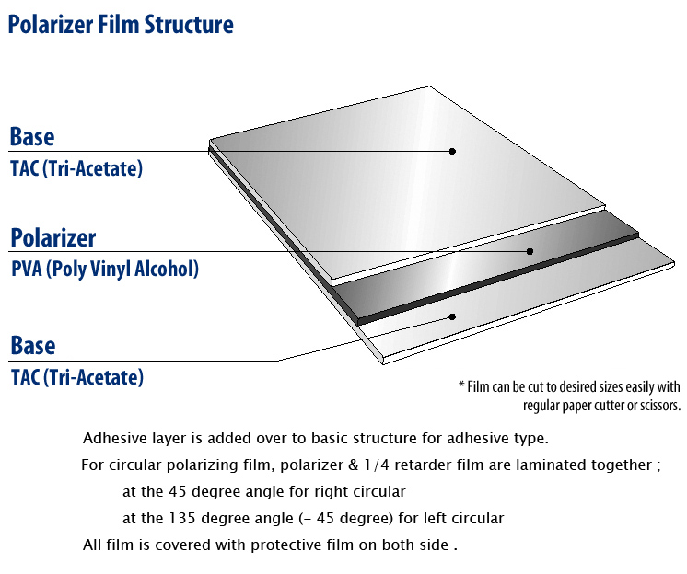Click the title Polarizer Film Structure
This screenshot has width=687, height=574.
pos(120,25)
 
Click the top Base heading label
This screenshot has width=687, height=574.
pos(32,137)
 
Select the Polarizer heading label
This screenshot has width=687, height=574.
pos(53,239)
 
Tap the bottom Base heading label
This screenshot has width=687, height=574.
pos(32,346)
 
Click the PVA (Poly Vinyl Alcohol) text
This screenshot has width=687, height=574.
pos(104,269)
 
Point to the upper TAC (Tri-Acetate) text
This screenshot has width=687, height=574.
pos(76,168)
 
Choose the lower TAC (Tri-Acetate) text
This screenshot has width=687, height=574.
pos(76,376)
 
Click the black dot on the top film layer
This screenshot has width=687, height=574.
pos(452,151)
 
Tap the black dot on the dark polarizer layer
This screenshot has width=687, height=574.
pos(530,251)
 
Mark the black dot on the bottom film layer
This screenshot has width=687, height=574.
pos(451,316)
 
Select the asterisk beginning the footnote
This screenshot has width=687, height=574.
pos(460,386)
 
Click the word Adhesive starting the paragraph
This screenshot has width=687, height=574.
pos(111,438)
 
